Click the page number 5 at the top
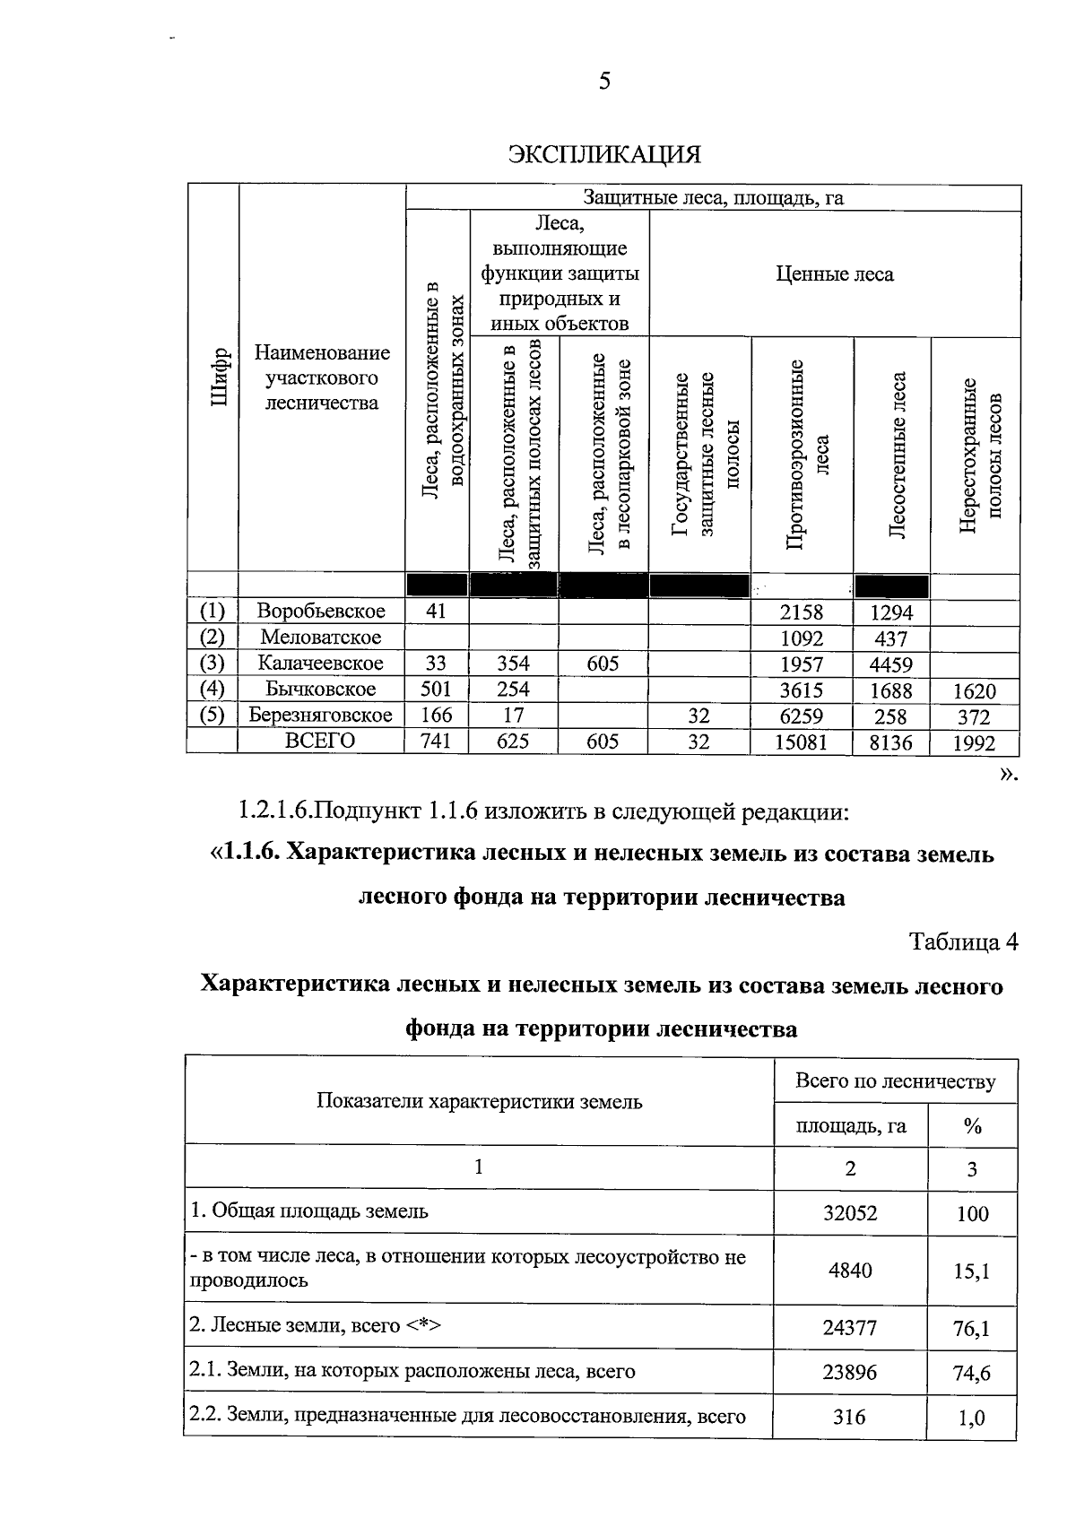point(604,82)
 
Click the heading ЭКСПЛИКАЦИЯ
point(603,154)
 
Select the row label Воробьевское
point(321,612)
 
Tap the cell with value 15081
point(801,742)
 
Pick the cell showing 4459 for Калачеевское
point(890,664)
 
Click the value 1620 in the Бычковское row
point(973,691)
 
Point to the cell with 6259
point(801,716)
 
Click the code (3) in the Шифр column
point(212,664)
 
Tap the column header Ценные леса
point(834,274)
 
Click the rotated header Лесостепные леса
point(898,455)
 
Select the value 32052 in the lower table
point(850,1213)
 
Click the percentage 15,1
point(972,1271)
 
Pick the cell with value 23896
point(850,1372)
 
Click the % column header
point(972,1126)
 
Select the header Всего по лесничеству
point(895,1081)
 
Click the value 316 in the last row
point(849,1418)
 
